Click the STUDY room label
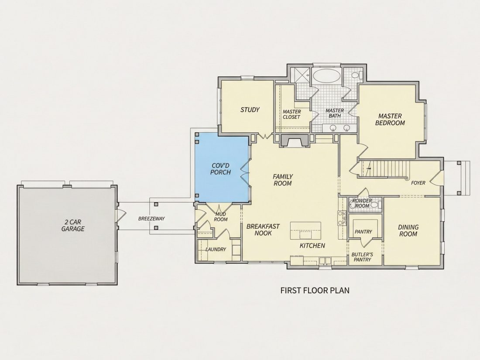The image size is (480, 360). click(250, 110)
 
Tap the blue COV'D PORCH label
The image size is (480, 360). click(220, 169)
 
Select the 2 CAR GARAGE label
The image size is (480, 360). click(73, 225)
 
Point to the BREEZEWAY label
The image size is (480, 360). click(151, 219)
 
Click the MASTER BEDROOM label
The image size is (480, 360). click(390, 120)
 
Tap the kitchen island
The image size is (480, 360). click(305, 230)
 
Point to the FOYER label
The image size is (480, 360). click(418, 183)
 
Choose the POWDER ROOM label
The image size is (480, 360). click(362, 203)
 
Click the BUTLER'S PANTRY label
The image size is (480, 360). click(362, 257)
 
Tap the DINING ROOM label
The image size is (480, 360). click(408, 230)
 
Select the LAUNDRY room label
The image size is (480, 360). click(216, 249)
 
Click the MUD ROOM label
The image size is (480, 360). click(221, 217)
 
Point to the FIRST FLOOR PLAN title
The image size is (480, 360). click(315, 290)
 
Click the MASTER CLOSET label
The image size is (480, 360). click(291, 114)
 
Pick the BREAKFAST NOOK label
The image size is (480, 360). click(263, 230)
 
